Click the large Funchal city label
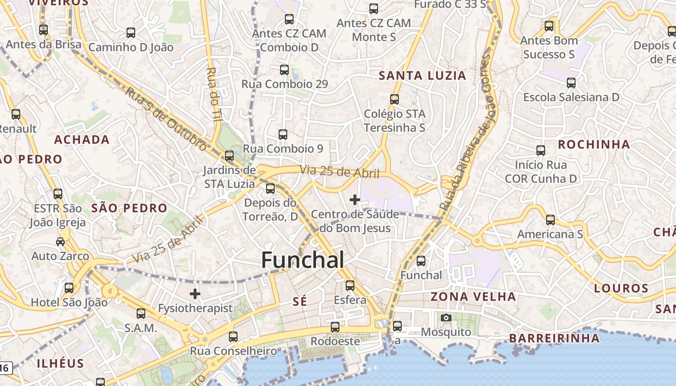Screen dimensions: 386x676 click(x=303, y=260)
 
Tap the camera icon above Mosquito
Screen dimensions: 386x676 click(x=446, y=317)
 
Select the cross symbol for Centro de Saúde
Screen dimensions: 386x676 click(x=355, y=199)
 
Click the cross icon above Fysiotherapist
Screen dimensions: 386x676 click(x=195, y=293)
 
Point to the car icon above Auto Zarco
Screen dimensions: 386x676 click(x=60, y=241)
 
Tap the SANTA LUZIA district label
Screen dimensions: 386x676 click(x=422, y=75)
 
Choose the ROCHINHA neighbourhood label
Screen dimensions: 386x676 click(x=594, y=144)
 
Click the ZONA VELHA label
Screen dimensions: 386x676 click(x=473, y=296)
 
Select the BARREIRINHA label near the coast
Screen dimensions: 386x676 click(x=554, y=338)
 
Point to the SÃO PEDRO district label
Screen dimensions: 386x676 click(x=129, y=208)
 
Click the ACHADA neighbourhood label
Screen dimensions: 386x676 click(x=82, y=140)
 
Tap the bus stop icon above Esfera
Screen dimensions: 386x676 click(x=350, y=286)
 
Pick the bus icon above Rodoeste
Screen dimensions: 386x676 click(x=335, y=327)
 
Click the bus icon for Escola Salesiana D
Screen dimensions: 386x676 click(x=571, y=83)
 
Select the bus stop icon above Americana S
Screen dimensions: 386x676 click(x=550, y=220)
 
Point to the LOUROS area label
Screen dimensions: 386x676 click(x=621, y=289)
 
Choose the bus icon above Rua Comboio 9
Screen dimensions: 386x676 click(x=283, y=135)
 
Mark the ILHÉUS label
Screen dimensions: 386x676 click(x=60, y=363)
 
